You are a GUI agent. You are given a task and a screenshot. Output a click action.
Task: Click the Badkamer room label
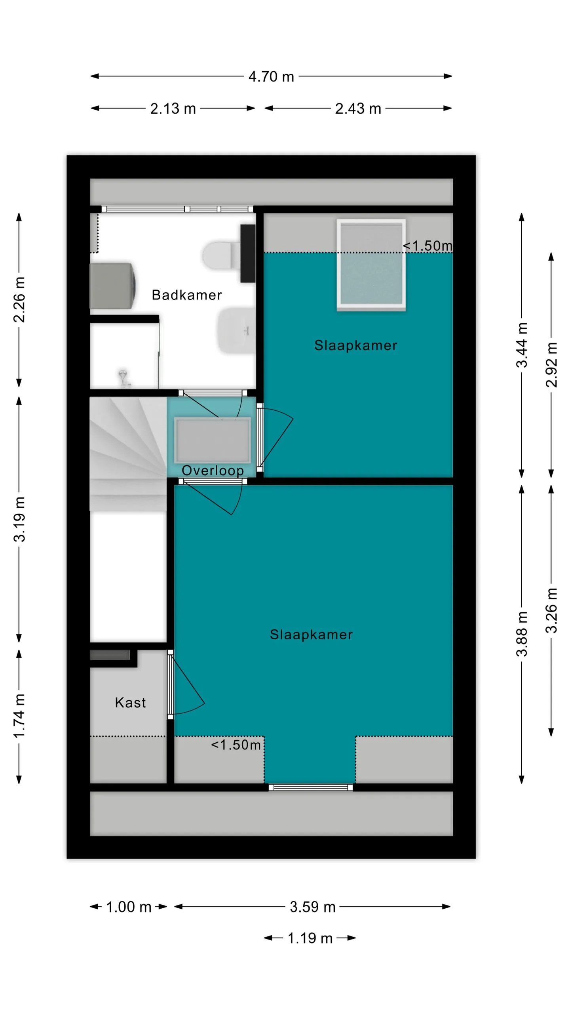[x=186, y=295]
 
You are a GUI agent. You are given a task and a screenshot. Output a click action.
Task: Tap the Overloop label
[x=213, y=471]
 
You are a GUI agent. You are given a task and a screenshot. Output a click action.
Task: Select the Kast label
[x=130, y=703]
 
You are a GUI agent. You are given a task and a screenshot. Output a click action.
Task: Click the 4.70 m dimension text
[x=271, y=76]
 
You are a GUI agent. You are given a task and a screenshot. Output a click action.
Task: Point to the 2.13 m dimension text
[x=173, y=109]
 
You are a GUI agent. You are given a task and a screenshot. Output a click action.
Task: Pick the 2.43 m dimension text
[x=358, y=109]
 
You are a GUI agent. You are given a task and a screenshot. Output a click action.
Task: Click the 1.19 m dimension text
[x=310, y=938]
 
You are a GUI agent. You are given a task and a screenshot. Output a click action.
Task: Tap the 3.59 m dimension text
[x=312, y=907]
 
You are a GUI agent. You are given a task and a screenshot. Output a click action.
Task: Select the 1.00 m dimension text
[x=129, y=907]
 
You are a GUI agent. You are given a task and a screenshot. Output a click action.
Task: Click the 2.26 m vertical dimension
[x=19, y=300]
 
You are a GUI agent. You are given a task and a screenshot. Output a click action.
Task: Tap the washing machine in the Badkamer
[x=113, y=286]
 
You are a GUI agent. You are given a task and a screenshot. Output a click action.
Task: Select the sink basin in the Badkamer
[x=236, y=331]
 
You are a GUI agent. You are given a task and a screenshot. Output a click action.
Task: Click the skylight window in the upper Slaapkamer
[x=371, y=264]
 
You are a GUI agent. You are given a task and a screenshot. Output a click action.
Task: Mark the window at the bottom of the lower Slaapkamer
[x=311, y=787]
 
